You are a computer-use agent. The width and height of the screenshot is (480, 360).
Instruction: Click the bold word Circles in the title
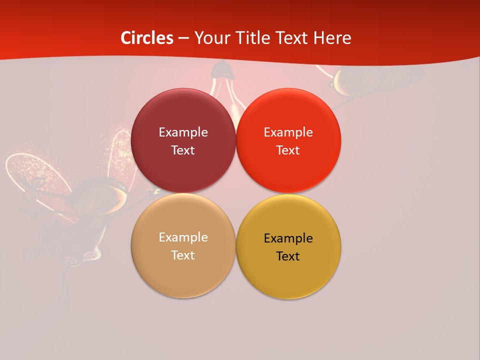pos(147,38)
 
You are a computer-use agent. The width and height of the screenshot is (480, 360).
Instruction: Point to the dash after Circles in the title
pos(183,38)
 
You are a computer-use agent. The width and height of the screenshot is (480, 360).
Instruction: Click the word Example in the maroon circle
pos(183,132)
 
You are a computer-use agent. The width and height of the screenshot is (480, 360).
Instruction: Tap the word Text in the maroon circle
pos(183,150)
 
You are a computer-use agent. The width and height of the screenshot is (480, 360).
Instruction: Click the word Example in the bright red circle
pos(288,132)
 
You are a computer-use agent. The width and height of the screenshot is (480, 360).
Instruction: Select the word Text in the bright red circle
pos(288,150)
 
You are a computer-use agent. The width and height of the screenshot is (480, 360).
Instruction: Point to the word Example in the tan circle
pos(183,237)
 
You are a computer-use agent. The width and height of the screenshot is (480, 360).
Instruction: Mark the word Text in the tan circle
pos(183,255)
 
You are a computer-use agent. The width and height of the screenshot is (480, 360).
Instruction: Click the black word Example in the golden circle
pos(288,238)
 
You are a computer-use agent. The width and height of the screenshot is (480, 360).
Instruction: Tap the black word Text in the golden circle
pos(288,256)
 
